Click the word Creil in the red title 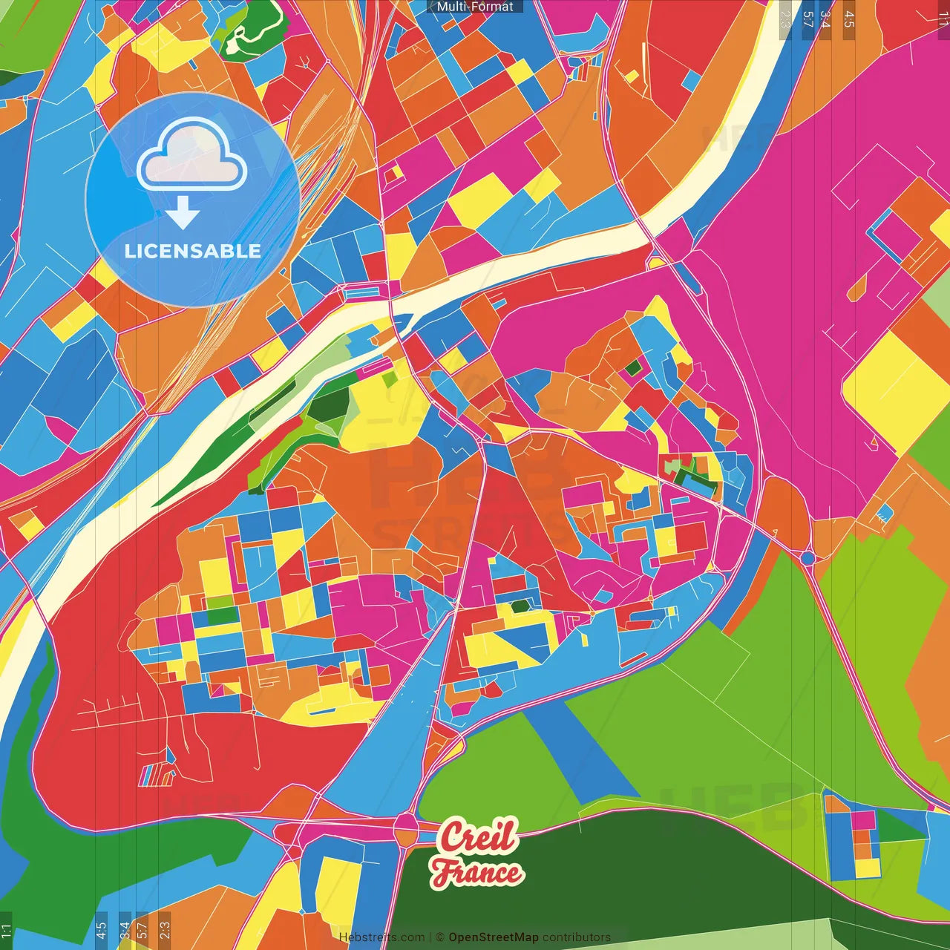point(477,836)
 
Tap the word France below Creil point(477,872)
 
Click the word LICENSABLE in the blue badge point(193,251)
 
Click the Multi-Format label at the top point(475,7)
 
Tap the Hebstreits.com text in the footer point(381,937)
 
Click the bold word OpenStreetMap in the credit point(494,937)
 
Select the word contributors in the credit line point(577,937)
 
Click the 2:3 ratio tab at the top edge point(784,19)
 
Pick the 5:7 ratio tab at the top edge point(807,19)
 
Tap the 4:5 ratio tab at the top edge point(848,19)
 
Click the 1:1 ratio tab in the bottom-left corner point(6,931)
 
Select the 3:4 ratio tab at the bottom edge point(125,931)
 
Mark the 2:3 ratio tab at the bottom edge point(164,931)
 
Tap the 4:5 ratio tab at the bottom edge point(101,931)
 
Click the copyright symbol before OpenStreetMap point(439,937)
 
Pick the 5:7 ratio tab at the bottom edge point(142,931)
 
